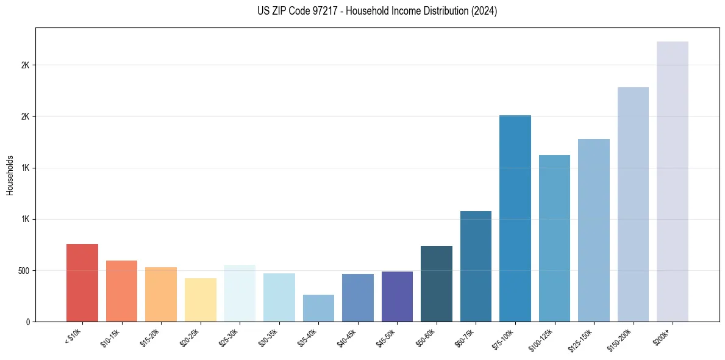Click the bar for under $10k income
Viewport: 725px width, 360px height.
click(x=82, y=283)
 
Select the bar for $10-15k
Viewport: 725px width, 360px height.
click(x=121, y=291)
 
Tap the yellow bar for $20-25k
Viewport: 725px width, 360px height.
click(x=200, y=300)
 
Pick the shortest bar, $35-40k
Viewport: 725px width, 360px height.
click(x=318, y=308)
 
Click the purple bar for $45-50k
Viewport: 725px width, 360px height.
click(x=397, y=297)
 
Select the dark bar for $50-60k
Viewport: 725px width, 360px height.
click(x=437, y=284)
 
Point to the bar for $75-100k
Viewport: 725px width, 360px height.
click(x=515, y=218)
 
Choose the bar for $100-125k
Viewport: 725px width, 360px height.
click(x=554, y=238)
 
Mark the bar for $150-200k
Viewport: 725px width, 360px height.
click(x=633, y=204)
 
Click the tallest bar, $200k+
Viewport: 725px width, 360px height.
click(x=673, y=181)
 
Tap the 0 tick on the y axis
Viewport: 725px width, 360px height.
click(x=27, y=322)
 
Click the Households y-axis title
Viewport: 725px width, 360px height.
click(x=10, y=175)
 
